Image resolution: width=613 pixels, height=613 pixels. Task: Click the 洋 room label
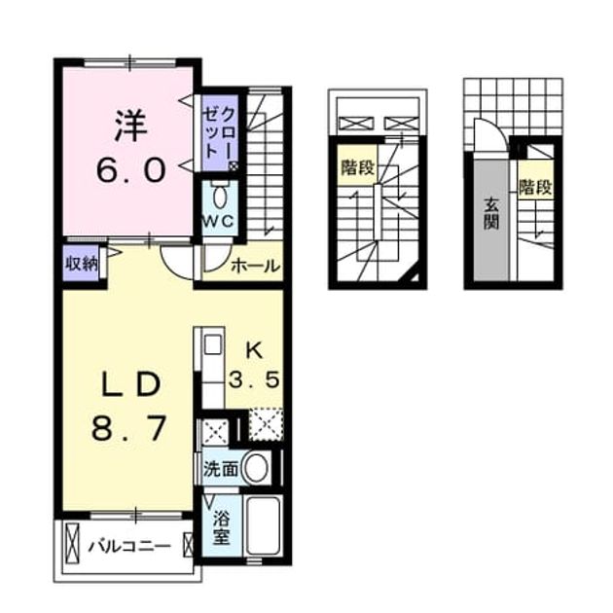[x=131, y=126]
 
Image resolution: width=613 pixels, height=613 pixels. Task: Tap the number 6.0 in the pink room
[x=131, y=171]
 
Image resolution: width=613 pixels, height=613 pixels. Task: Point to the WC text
[x=218, y=222]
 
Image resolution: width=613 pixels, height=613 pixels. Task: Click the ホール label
[x=256, y=267]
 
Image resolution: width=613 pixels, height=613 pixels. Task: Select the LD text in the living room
[x=130, y=384]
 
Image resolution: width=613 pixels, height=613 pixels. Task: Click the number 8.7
[x=129, y=428]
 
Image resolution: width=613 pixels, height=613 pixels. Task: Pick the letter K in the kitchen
[x=255, y=351]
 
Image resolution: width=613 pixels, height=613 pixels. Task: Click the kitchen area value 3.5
[x=255, y=379]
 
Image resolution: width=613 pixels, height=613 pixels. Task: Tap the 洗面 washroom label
[x=221, y=469]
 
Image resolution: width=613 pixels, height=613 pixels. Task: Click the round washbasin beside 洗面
[x=256, y=468]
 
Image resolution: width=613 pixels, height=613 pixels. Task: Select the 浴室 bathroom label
[x=221, y=527]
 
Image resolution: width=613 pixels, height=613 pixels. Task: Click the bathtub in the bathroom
[x=264, y=525]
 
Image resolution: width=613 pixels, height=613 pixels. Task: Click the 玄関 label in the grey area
[x=490, y=213]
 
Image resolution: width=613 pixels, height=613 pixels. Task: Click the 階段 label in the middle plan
[x=358, y=167]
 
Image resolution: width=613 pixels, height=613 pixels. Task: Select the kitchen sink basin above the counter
[x=213, y=345]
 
